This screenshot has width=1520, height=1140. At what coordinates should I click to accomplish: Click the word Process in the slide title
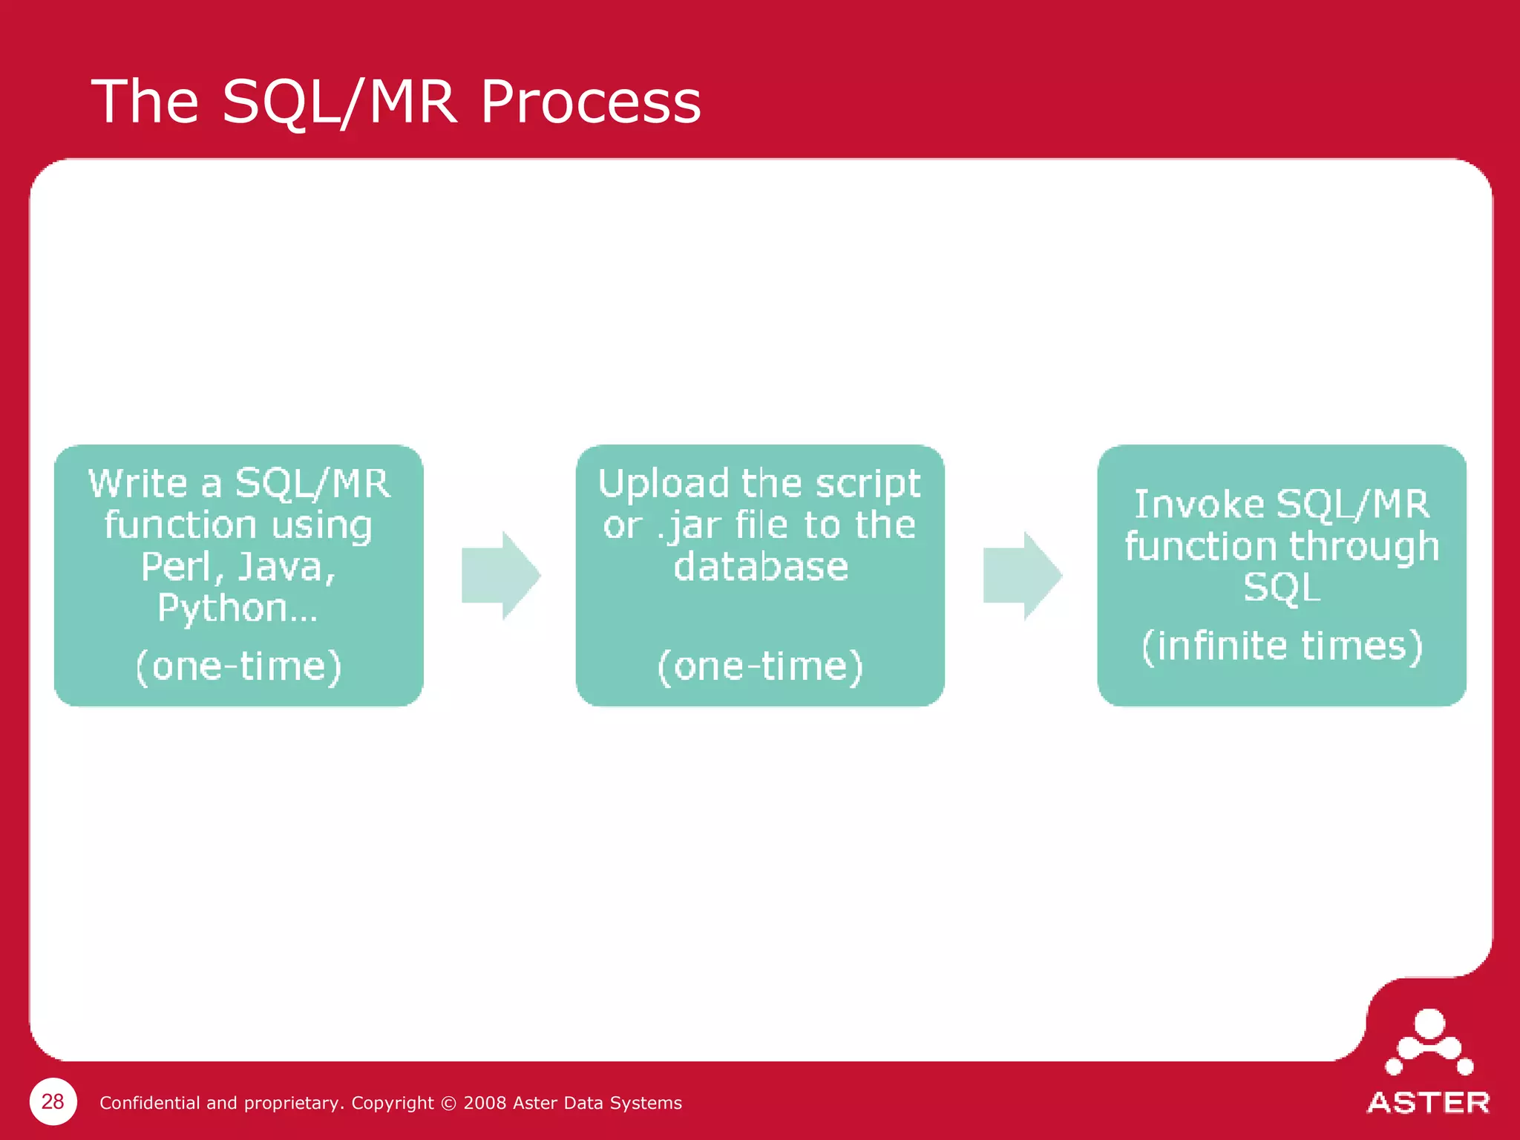click(590, 102)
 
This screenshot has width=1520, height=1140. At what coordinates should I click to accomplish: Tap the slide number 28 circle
click(53, 1101)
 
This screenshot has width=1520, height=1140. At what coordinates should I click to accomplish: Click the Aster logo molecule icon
click(1429, 1043)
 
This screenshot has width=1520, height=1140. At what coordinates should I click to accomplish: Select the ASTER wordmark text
click(1428, 1103)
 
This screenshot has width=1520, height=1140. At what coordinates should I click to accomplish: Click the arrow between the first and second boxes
click(500, 575)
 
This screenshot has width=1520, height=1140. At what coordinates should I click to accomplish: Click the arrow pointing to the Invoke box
click(1022, 575)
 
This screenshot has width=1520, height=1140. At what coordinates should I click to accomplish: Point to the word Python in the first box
click(223, 609)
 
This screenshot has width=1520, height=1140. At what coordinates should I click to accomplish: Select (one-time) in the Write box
click(238, 666)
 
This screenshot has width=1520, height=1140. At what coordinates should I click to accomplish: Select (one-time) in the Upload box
click(760, 666)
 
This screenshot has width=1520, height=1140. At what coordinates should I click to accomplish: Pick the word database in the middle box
click(760, 567)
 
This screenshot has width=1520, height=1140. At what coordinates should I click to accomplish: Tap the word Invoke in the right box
click(1199, 505)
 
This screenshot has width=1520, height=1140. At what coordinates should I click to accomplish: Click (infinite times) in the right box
click(1282, 645)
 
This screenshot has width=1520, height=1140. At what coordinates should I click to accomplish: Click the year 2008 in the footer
click(485, 1103)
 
